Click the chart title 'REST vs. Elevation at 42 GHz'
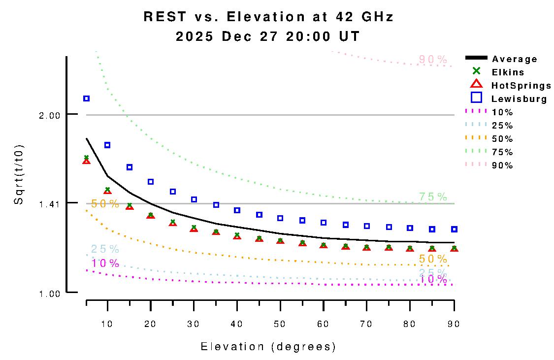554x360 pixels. tap(268, 17)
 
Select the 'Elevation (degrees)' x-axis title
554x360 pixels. tap(268, 347)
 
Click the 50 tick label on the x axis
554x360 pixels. tap(280, 324)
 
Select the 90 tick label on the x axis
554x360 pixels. tap(453, 324)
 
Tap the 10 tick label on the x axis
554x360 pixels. tap(107, 324)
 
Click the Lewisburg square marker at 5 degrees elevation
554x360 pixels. tap(87, 98)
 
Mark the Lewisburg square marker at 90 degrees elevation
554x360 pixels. tap(454, 229)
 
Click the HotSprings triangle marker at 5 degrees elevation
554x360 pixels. tap(87, 161)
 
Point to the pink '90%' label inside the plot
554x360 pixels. tap(433, 60)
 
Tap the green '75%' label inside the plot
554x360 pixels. tap(433, 196)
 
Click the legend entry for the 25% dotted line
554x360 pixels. tap(502, 126)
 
